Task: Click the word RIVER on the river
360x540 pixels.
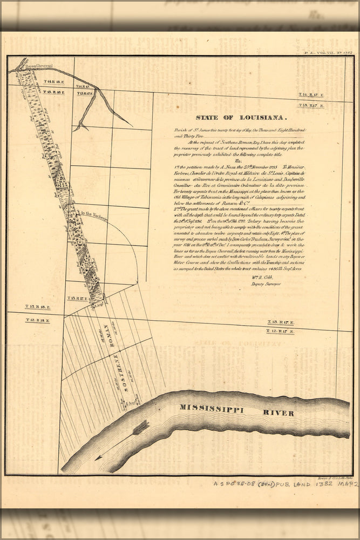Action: (279, 413)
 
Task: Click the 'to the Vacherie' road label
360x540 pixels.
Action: (91, 215)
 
